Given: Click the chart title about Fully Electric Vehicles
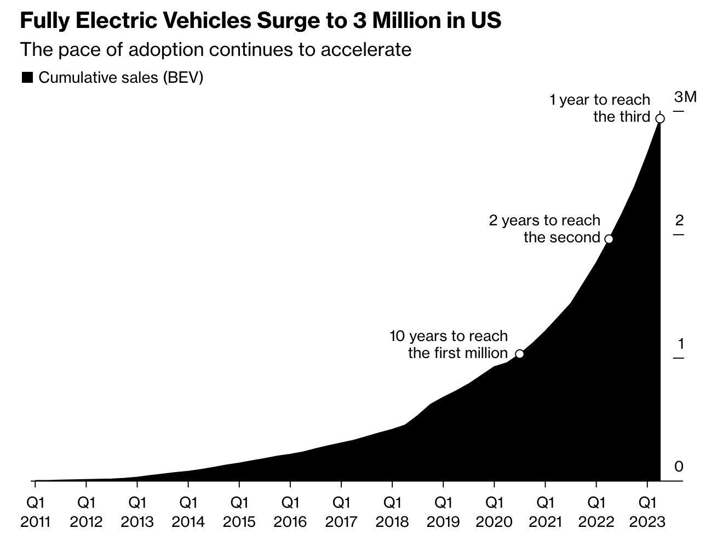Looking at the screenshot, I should (260, 21).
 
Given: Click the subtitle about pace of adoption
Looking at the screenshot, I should (215, 49).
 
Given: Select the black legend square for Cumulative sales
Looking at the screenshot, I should (27, 78).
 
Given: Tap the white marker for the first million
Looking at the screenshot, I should (519, 354).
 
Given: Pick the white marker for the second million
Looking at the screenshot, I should (608, 239).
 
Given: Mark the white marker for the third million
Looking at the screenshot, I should (660, 118).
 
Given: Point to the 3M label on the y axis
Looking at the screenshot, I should (685, 98).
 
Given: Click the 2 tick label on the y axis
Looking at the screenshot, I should (679, 221).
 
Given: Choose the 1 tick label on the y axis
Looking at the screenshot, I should (680, 344).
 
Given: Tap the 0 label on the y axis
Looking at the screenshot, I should (679, 467).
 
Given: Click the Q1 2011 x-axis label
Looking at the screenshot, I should (35, 512).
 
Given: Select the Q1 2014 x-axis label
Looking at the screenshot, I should (188, 512).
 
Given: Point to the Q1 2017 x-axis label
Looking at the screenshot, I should (341, 512).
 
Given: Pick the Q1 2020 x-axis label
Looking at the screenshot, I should (494, 512).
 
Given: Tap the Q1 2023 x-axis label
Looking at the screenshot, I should (647, 512).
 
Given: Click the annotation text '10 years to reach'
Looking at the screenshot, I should (448, 336).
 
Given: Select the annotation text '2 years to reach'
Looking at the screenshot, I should (544, 220).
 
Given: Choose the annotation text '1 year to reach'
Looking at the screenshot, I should (599, 100).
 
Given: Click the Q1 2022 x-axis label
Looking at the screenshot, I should (596, 512).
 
